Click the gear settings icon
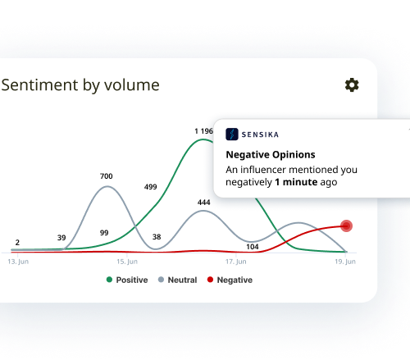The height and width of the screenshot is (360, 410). tap(352, 85)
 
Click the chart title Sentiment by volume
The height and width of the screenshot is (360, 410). tap(80, 85)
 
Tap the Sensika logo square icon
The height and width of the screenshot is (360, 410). tap(232, 134)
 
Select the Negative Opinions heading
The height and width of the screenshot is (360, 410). tap(271, 155)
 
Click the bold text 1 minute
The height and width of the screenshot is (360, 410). tap(296, 182)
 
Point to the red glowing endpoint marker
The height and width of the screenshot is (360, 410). tap(346, 226)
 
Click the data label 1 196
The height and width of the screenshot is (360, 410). tap(203, 131)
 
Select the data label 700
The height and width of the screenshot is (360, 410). tap(107, 176)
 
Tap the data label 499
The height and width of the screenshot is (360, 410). tap(150, 187)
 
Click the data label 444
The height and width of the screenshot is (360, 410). tap(204, 203)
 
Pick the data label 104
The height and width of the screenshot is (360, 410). tap(253, 247)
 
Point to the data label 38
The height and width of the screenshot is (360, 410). tap(157, 237)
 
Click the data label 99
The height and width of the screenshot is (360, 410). tap(104, 233)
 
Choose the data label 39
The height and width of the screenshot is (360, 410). tap(61, 238)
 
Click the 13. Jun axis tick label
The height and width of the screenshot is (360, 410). tap(18, 262)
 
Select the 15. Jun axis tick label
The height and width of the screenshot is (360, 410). tap(127, 262)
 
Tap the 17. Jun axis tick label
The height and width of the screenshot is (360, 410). tap(236, 262)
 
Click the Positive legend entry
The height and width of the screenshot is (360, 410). tap(127, 280)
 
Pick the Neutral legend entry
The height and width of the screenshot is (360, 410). tap(177, 280)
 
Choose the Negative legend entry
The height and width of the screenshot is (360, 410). tap(230, 280)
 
